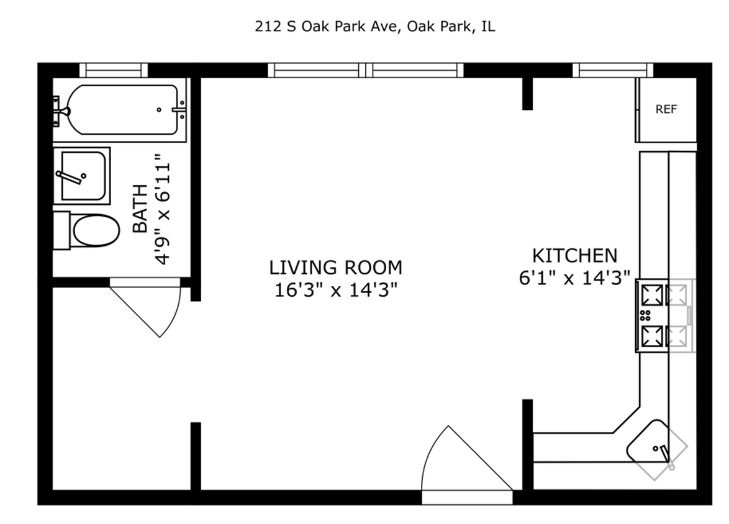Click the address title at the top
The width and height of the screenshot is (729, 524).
coord(375,27)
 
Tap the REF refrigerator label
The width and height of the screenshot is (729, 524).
coord(666,110)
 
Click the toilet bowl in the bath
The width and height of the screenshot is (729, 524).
coord(96,231)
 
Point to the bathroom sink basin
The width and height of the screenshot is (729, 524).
coord(83,176)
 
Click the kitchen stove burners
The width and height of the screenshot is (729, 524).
coord(653,315)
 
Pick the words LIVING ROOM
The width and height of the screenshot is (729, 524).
coord(335,268)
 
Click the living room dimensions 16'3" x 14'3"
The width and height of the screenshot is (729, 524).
coord(335,289)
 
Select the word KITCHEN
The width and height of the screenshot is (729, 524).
coord(574,255)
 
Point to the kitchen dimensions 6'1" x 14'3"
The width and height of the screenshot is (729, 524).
coord(574,278)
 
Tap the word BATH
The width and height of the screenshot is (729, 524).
coord(141,209)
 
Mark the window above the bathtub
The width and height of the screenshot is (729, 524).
coord(114,70)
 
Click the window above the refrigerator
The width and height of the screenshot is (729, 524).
coord(612,70)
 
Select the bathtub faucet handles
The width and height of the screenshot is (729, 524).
coord(61,109)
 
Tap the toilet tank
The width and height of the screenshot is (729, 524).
coord(61,230)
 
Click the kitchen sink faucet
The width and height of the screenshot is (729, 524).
coord(665,454)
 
